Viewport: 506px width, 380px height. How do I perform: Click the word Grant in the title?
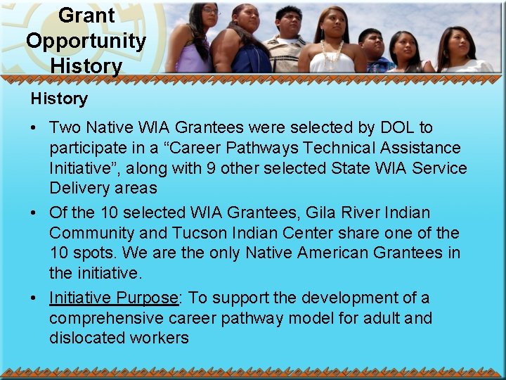point(86,15)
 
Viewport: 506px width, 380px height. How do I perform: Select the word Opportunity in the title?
point(86,41)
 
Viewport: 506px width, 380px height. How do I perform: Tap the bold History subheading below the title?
point(59,99)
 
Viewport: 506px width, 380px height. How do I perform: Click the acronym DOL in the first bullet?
point(398,127)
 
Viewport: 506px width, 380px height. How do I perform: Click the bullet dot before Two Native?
point(33,129)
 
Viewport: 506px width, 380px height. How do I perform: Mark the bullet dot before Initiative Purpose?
point(33,299)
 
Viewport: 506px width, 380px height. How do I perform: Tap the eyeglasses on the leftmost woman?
point(209,12)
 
